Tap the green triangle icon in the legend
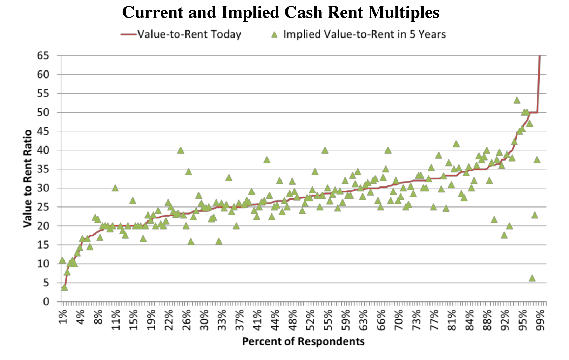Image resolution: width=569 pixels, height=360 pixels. pyautogui.click(x=275, y=34)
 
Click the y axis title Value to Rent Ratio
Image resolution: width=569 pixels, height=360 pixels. pyautogui.click(x=27, y=179)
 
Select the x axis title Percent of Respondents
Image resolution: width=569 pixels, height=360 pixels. pyautogui.click(x=303, y=341)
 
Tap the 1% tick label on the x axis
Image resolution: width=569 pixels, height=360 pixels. pyautogui.click(x=63, y=317)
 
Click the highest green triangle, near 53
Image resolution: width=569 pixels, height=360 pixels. pyautogui.click(x=517, y=100)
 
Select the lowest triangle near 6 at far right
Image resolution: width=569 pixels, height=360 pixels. pyautogui.click(x=532, y=278)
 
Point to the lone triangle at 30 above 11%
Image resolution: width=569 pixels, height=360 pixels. pyautogui.click(x=115, y=188)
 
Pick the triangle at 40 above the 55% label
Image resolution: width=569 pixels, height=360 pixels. pyautogui.click(x=325, y=150)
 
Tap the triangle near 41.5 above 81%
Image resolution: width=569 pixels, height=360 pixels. pyautogui.click(x=456, y=144)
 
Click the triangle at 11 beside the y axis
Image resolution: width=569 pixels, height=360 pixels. pyautogui.click(x=62, y=260)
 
